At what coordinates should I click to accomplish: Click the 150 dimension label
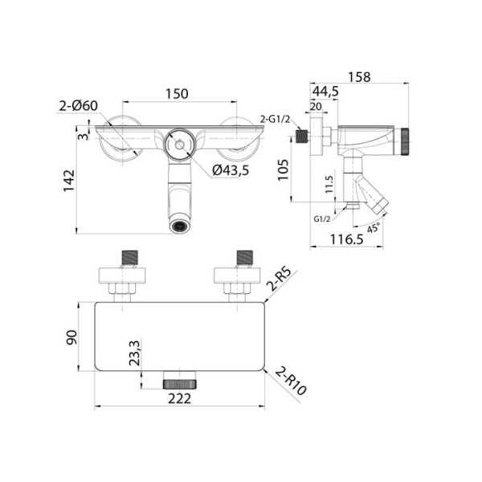177,94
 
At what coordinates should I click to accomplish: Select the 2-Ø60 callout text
78,105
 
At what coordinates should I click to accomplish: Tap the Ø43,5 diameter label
231,170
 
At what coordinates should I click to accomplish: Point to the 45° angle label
373,227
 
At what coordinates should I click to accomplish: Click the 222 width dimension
181,399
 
